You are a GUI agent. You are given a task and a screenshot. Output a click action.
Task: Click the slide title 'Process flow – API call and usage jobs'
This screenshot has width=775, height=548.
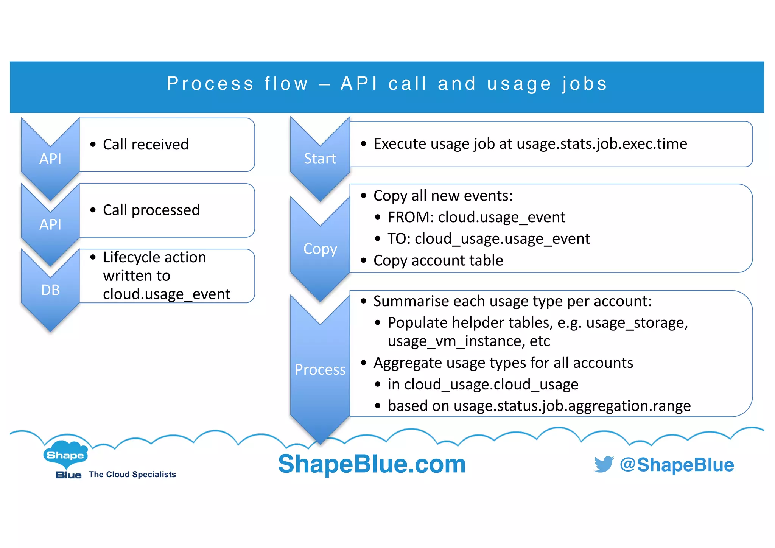[x=387, y=84]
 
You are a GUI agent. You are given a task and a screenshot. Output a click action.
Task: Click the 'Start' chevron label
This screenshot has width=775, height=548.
[x=320, y=159]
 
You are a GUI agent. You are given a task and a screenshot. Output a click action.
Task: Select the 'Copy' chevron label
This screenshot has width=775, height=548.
[x=320, y=249]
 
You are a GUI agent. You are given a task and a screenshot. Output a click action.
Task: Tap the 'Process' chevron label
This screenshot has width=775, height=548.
[x=320, y=370]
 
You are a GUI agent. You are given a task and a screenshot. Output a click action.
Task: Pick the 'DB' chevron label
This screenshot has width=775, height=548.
[x=50, y=290]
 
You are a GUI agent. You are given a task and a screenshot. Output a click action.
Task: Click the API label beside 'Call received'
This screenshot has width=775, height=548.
[x=50, y=159]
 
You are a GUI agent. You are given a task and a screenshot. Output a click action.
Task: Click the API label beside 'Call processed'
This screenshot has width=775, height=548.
[x=50, y=224]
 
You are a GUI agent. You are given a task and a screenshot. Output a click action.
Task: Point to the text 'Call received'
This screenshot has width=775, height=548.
[x=146, y=145]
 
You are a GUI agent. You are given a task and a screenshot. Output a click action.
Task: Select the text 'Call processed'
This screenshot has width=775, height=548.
[x=151, y=210]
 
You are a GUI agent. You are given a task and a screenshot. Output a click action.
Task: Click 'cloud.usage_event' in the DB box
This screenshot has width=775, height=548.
[x=167, y=294]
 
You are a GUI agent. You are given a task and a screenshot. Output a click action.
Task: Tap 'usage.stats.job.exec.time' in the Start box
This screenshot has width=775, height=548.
[x=602, y=144]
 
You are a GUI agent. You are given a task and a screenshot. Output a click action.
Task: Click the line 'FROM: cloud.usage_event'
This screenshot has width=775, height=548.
[x=476, y=217]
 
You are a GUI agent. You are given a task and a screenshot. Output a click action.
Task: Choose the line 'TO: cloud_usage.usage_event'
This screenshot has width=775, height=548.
[x=488, y=239]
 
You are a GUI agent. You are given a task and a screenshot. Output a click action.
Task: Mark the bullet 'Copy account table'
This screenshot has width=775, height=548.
[x=438, y=260]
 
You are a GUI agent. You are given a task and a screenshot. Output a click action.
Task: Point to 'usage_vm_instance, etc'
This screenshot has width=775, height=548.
[x=468, y=341]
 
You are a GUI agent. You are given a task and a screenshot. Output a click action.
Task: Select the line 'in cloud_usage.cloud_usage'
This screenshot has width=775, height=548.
[x=482, y=385]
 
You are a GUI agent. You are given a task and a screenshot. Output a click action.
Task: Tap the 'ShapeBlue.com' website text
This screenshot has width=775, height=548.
[x=372, y=464]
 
